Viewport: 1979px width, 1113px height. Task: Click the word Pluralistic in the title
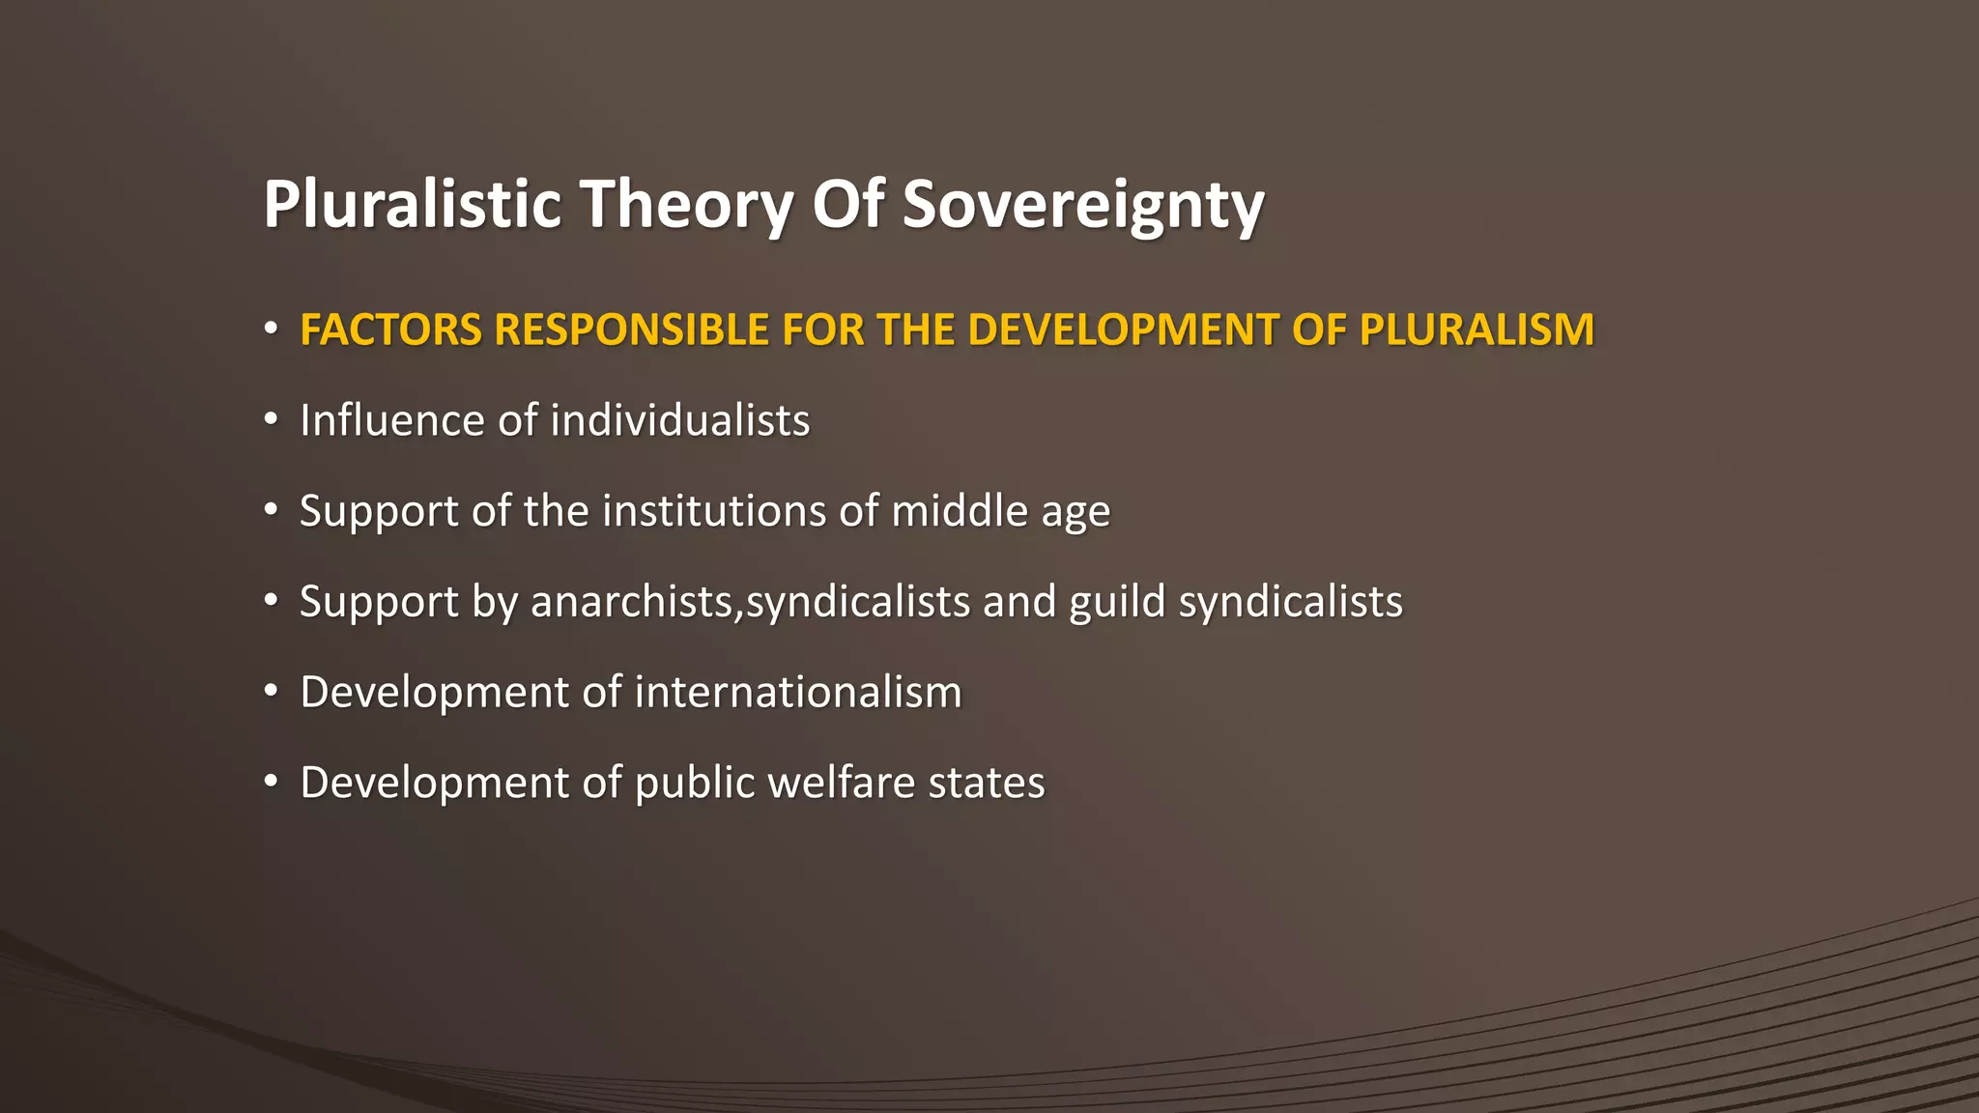click(412, 204)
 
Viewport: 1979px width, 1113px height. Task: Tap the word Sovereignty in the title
click(1082, 206)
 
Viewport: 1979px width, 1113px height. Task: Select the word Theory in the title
click(686, 206)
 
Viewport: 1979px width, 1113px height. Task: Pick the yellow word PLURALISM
click(1477, 329)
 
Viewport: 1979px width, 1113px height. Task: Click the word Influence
click(392, 420)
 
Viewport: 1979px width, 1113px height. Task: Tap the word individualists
click(679, 420)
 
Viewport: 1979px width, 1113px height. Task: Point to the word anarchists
click(635, 602)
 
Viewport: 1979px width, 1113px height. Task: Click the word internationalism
click(797, 693)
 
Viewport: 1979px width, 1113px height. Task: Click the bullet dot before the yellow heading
click(272, 329)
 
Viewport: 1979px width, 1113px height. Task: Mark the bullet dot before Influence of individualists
click(272, 420)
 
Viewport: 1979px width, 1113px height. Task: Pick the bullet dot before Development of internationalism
click(272, 693)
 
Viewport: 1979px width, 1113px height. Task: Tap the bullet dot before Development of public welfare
click(272, 783)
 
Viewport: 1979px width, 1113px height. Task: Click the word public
click(694, 784)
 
